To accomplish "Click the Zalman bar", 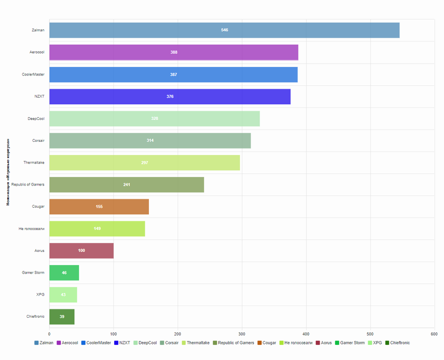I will [x=224, y=30].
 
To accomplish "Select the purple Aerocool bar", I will [x=173, y=52].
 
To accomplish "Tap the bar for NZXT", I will [x=170, y=97].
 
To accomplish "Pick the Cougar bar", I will [x=99, y=207].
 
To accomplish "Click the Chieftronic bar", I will [x=62, y=317].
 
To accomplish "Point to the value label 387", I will [x=173, y=74].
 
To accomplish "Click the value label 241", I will [x=127, y=185].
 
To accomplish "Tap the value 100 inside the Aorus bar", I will [x=82, y=250].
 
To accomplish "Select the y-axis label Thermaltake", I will [x=34, y=163].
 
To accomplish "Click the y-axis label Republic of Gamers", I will [x=28, y=185].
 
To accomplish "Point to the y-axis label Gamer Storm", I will [x=33, y=273].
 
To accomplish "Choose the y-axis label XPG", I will [x=40, y=295].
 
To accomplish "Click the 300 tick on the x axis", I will [x=242, y=334].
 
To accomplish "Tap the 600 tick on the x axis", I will [x=434, y=334].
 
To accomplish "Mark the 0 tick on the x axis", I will [x=49, y=334].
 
